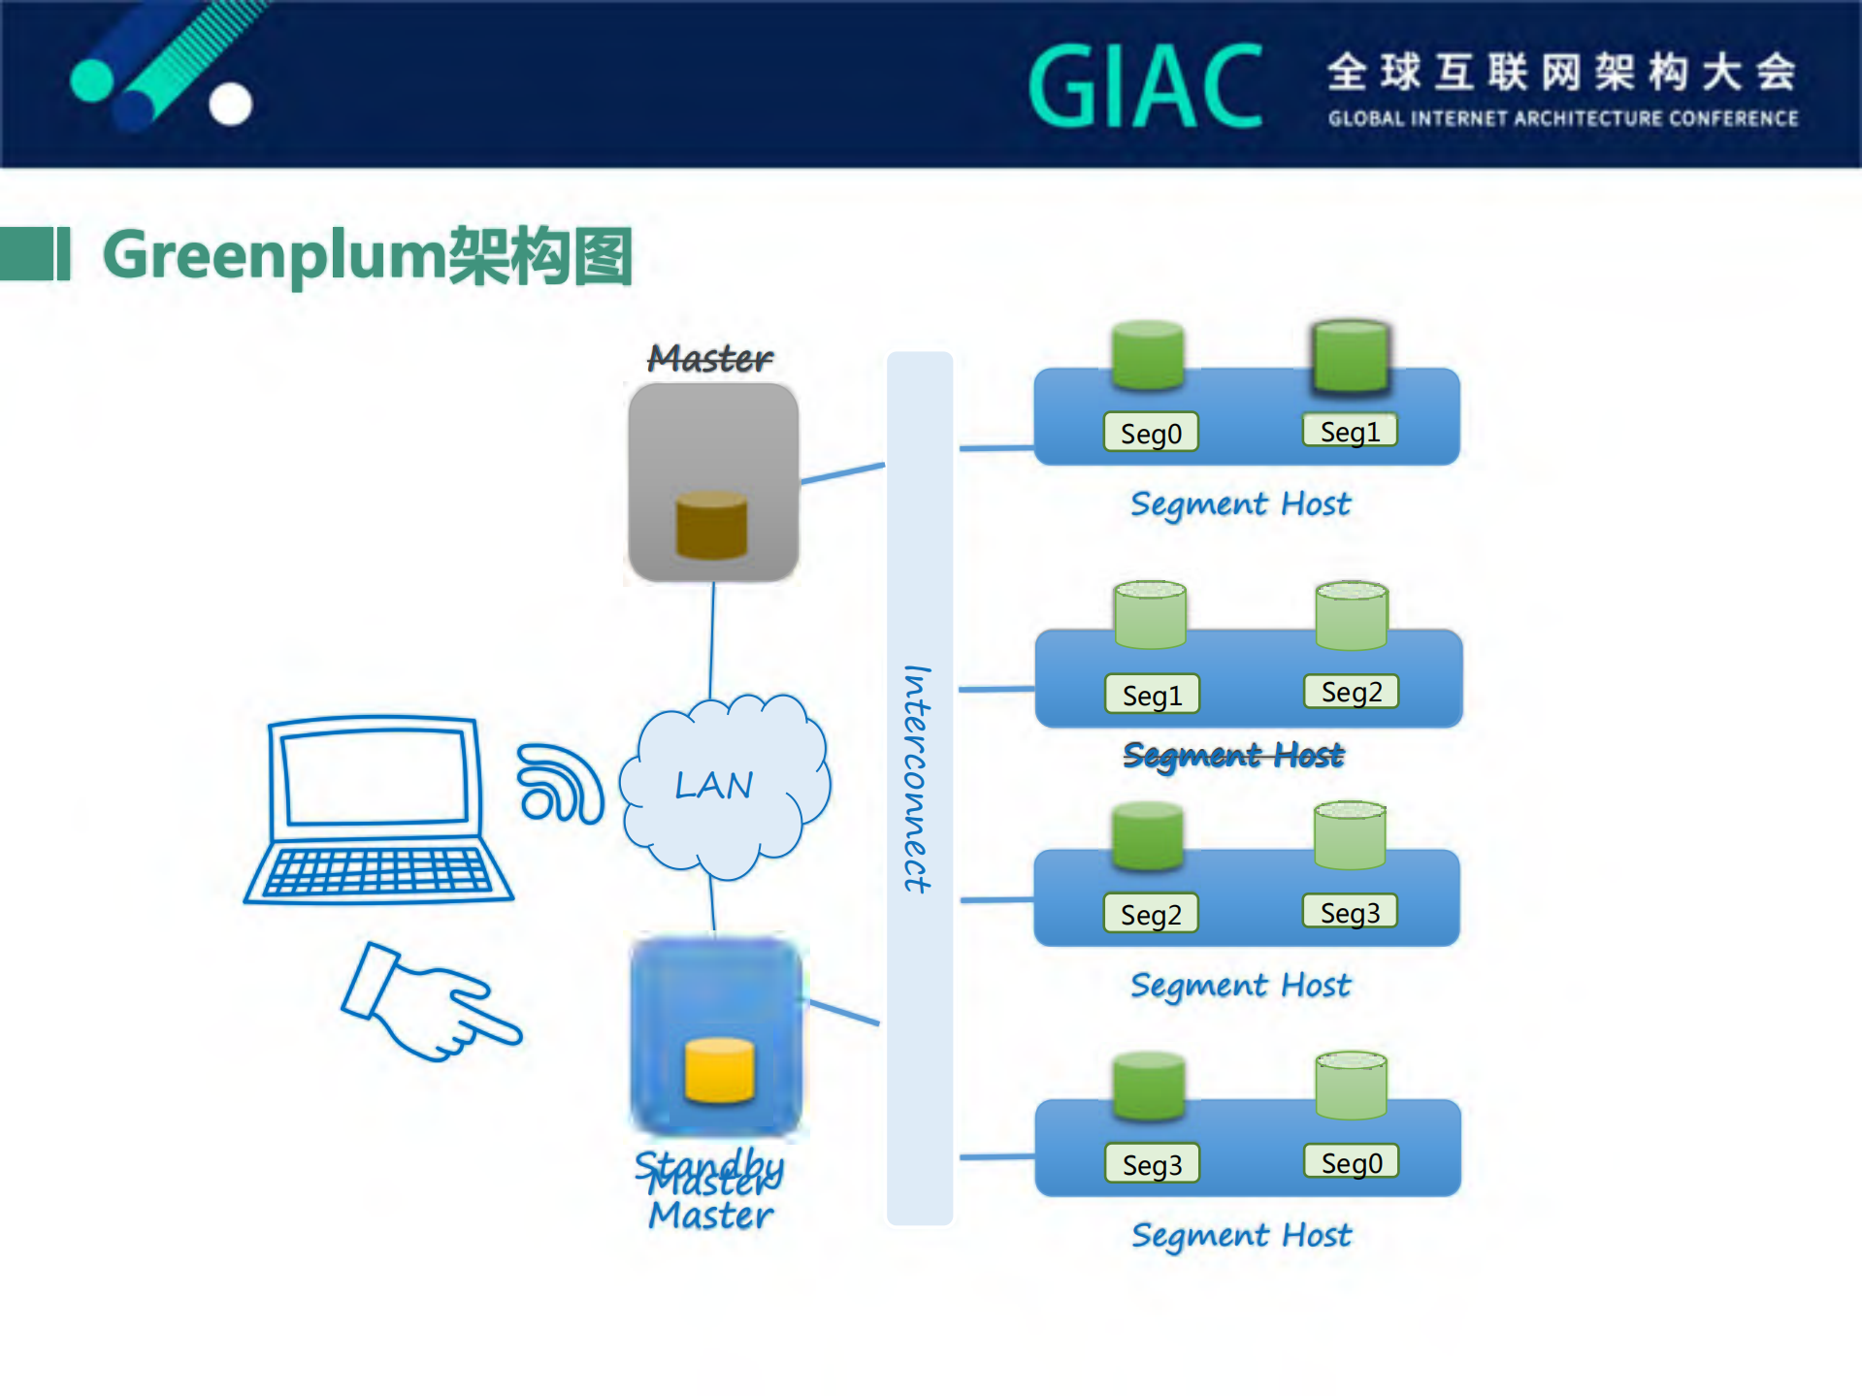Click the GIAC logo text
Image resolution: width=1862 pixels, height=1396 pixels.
click(1146, 86)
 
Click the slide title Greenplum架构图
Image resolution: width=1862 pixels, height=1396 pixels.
click(368, 256)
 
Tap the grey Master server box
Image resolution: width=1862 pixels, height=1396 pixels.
click(713, 437)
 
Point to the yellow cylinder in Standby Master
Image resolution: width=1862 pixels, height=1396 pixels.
click(719, 1070)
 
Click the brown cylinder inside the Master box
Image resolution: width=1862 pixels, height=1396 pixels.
click(711, 525)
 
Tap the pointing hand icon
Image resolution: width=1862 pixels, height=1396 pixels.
click(427, 1004)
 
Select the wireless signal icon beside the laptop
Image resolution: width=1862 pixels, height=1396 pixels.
click(559, 783)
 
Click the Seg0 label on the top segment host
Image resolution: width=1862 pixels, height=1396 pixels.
click(1151, 433)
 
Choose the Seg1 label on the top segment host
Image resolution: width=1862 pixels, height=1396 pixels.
click(1350, 431)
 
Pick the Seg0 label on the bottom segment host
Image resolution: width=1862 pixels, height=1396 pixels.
click(1352, 1162)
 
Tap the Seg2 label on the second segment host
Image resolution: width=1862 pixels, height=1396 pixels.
click(1352, 692)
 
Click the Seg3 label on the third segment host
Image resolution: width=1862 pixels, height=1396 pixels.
click(1350, 912)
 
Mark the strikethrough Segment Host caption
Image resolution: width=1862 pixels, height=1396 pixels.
click(1233, 755)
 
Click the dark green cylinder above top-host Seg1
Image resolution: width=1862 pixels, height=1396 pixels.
click(1350, 357)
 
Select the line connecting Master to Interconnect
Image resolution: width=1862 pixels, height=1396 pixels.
click(842, 473)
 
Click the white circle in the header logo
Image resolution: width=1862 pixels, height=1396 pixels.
click(231, 104)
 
